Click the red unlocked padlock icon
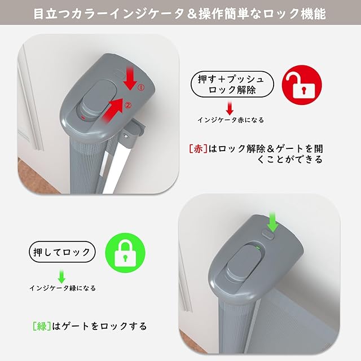point(302,85)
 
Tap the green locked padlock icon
point(125,253)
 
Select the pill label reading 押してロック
point(62,252)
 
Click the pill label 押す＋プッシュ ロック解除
point(232,84)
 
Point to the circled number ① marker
point(141,87)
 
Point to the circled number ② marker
point(128,105)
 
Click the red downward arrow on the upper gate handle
point(130,78)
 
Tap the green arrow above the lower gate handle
point(273,222)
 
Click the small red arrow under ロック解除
point(230,108)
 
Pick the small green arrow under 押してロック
point(61,276)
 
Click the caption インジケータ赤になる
point(231,120)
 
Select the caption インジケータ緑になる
point(63,288)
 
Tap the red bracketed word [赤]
point(198,149)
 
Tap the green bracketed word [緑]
point(42,326)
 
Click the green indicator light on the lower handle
point(258,248)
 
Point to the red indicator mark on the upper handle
point(83,118)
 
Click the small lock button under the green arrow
point(268,235)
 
